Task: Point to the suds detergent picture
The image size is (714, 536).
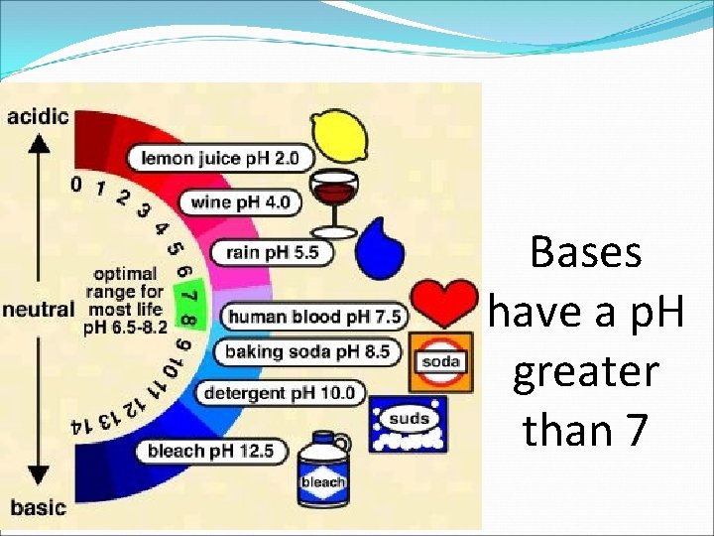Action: (409, 425)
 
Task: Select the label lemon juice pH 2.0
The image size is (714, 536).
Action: (226, 158)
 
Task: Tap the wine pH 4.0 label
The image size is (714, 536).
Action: (241, 202)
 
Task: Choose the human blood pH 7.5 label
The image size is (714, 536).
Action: (313, 317)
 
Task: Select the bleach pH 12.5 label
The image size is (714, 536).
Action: (210, 452)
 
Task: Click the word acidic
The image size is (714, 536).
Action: (38, 116)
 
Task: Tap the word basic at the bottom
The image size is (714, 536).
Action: (38, 507)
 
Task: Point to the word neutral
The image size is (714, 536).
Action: (39, 309)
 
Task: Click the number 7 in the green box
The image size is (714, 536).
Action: (189, 297)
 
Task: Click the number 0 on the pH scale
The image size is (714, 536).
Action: (76, 184)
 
